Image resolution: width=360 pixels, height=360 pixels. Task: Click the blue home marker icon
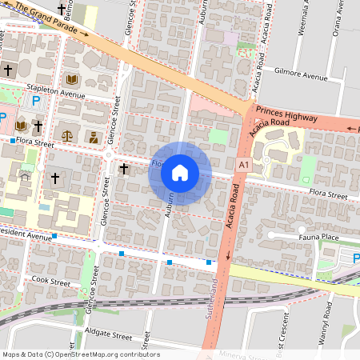(180, 173)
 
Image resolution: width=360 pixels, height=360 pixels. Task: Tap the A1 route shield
(243, 164)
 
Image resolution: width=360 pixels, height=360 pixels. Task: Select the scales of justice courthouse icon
(67, 136)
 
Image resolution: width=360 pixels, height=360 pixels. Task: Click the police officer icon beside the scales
(94, 136)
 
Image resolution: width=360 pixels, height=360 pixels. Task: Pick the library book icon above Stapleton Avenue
(72, 80)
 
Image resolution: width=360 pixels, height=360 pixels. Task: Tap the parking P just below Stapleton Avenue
(35, 101)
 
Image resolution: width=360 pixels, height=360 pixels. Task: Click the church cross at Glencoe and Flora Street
(124, 168)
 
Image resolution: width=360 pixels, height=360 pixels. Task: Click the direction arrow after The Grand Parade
(86, 34)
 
